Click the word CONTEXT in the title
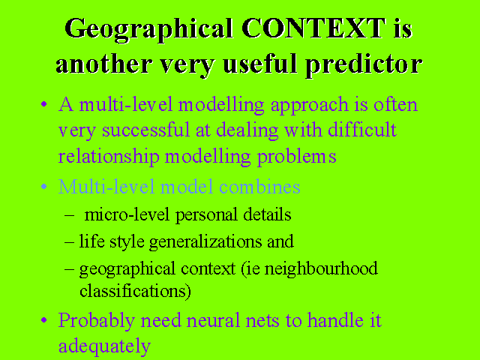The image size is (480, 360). click(313, 28)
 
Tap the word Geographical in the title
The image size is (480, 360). click(148, 30)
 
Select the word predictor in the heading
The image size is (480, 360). click(364, 65)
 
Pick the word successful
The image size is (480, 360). click(145, 130)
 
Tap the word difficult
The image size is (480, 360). click(362, 130)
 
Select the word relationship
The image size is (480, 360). click(109, 157)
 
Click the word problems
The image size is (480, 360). click(296, 157)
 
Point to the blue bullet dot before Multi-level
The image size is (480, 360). click(44, 186)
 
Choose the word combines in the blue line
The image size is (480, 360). click(259, 187)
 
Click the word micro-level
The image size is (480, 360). click(127, 214)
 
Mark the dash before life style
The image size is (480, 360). click(69, 242)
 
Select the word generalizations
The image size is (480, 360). click(205, 242)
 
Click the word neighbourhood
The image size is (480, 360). click(321, 269)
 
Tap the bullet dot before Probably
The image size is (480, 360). click(44, 320)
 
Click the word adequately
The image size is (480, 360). click(104, 346)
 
